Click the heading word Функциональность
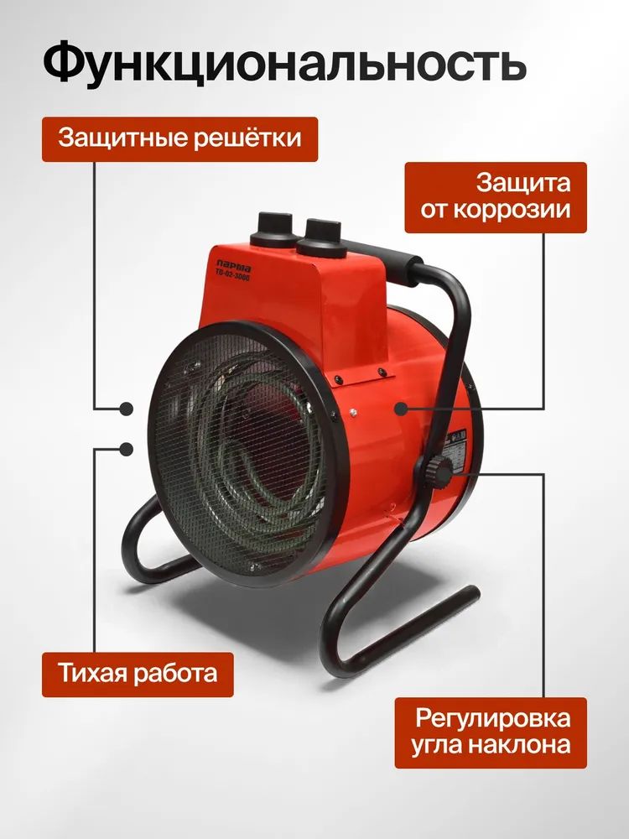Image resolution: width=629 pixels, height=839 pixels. [284, 64]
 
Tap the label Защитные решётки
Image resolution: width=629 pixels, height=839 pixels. [179, 139]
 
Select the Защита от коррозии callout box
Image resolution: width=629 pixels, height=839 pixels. [496, 197]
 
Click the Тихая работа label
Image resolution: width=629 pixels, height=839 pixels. [138, 675]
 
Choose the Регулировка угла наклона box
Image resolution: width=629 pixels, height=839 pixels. [491, 732]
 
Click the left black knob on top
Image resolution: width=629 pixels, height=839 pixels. [274, 229]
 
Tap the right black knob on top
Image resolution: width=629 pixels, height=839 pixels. [323, 237]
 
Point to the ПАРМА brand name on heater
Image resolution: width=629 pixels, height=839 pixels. [234, 265]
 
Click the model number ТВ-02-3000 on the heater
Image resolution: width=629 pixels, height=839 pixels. [232, 275]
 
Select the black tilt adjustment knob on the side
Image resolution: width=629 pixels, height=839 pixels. [439, 471]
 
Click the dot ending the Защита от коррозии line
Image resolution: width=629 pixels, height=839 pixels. [401, 409]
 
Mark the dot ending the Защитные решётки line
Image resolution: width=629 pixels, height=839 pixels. [127, 409]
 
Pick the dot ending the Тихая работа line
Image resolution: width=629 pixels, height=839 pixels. [127, 450]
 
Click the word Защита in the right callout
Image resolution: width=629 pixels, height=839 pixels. [523, 183]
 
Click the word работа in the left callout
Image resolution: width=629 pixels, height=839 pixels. [176, 674]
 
